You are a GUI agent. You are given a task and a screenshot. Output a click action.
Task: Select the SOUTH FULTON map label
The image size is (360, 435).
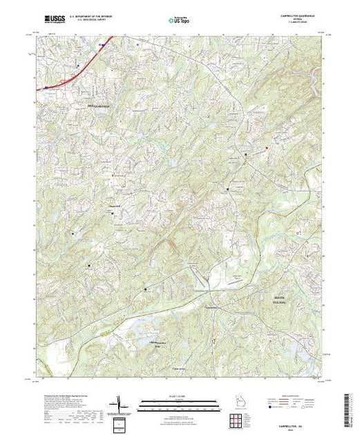[274, 298]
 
